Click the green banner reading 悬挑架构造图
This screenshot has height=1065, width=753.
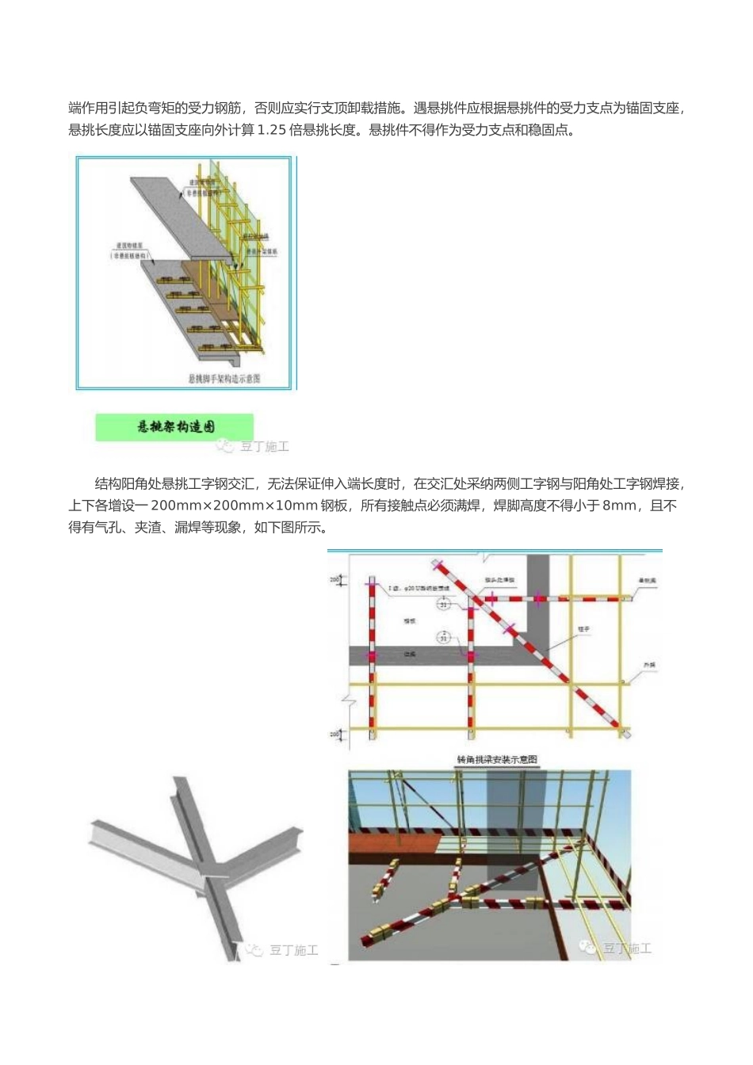(174, 427)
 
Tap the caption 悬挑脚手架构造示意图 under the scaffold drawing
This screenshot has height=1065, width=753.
(224, 379)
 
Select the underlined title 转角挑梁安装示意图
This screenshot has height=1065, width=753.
(497, 759)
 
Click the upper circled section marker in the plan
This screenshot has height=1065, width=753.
(443, 604)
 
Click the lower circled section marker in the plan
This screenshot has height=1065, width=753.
(443, 636)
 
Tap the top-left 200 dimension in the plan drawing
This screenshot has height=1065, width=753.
(334, 581)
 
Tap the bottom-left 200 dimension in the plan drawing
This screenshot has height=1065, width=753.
(334, 735)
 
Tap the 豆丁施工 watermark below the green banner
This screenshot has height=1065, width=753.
(254, 447)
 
